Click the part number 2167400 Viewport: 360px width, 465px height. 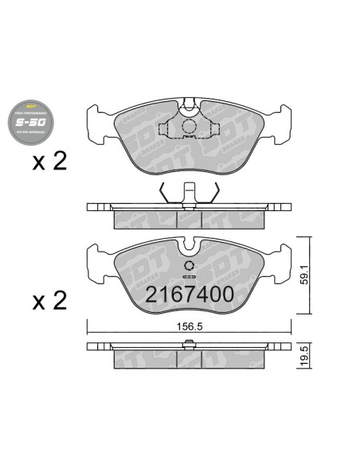[x=189, y=293]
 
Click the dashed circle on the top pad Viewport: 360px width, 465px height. [x=189, y=127]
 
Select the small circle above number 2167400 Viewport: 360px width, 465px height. [x=189, y=268]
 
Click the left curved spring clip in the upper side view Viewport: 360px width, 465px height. [x=164, y=193]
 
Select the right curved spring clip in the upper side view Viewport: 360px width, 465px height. [x=213, y=193]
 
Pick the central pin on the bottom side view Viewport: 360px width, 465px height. [x=189, y=344]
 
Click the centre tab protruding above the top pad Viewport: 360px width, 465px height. [x=189, y=102]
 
